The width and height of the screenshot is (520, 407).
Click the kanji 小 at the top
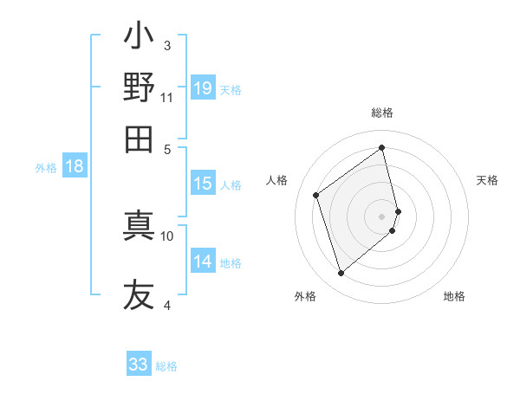(139, 37)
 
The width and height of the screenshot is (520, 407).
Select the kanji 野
(139, 87)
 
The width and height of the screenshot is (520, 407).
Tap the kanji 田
(139, 138)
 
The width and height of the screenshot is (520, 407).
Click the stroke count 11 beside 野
(166, 97)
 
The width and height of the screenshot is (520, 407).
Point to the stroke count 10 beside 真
(166, 235)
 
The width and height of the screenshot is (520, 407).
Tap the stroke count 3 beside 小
(166, 45)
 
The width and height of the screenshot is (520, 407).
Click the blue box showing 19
(202, 88)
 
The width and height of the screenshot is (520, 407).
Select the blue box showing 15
(202, 184)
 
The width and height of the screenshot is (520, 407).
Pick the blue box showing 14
(202, 262)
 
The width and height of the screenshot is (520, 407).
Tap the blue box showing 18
(75, 167)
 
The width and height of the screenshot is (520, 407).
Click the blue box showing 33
(139, 365)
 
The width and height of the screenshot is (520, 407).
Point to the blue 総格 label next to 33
(166, 366)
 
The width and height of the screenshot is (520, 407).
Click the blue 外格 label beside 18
(46, 168)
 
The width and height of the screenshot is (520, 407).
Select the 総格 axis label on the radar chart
(382, 113)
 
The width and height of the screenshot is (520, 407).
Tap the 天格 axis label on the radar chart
(487, 180)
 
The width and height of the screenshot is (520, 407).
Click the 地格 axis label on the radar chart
(454, 296)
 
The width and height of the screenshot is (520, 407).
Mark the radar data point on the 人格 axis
(316, 195)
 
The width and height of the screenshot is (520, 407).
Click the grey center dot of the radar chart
(382, 215)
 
